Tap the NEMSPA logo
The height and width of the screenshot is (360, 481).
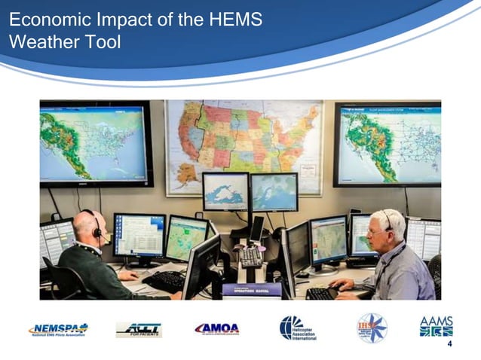pos(58,329)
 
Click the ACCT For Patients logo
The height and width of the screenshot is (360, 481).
pos(139,329)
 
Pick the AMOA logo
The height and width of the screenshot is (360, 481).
pos(216,328)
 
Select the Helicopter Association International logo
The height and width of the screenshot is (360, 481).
pos(298,328)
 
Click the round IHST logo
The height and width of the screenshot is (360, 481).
pos(372,328)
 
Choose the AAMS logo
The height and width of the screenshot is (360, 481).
pos(436,326)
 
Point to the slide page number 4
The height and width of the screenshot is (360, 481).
pos(450,344)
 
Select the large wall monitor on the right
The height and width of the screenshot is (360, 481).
pos(387,144)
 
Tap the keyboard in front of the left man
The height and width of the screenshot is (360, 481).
pos(164,281)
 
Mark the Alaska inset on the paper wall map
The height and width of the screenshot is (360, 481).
pos(184,175)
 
